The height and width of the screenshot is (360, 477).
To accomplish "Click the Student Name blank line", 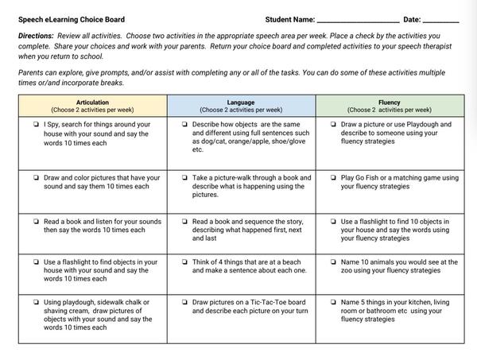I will click(357, 21).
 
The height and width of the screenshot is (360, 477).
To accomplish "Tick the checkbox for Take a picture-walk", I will click(184, 178).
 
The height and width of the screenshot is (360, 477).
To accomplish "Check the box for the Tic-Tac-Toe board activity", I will click(184, 303).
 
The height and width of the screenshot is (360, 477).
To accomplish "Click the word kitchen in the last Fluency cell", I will click(417, 303).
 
